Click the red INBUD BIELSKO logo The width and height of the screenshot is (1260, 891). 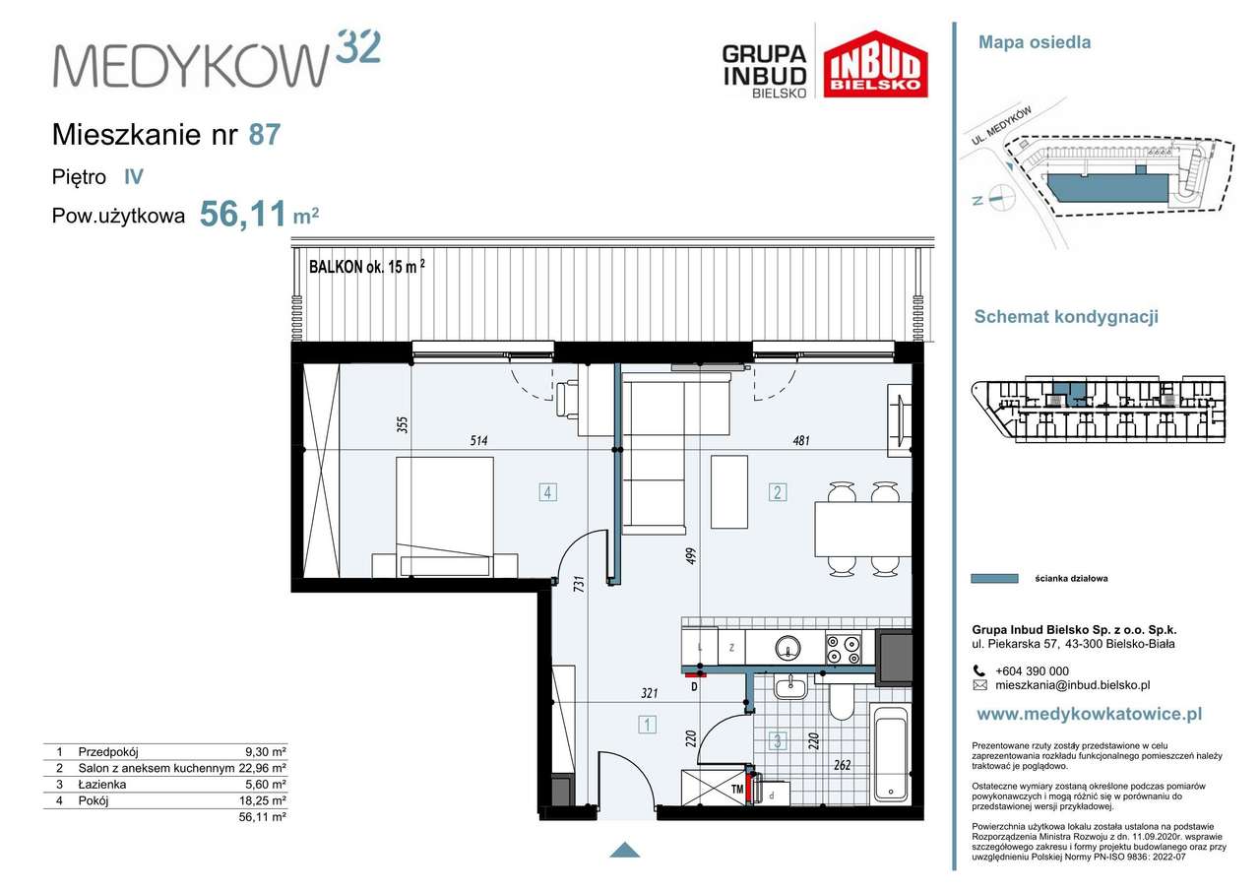(875, 64)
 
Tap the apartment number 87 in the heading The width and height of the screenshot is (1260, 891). (265, 135)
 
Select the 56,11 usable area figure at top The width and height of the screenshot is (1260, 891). (243, 215)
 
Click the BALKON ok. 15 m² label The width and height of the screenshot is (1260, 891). (367, 267)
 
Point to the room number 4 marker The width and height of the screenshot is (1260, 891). (548, 492)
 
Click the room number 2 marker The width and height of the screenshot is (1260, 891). (778, 492)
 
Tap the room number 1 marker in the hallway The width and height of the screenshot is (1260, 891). (647, 724)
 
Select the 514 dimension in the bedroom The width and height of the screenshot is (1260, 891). (478, 440)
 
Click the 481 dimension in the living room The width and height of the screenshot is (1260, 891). (801, 440)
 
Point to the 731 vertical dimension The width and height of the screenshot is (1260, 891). (579, 583)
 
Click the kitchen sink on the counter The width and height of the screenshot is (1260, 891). (787, 648)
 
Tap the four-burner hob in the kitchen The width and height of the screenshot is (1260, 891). (844, 649)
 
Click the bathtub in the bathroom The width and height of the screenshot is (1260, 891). (891, 754)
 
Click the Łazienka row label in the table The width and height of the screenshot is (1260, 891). (101, 784)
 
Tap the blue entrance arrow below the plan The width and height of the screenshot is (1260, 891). (624, 850)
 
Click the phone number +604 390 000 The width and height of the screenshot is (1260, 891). (1032, 671)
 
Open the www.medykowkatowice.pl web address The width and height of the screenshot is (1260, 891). (1089, 714)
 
